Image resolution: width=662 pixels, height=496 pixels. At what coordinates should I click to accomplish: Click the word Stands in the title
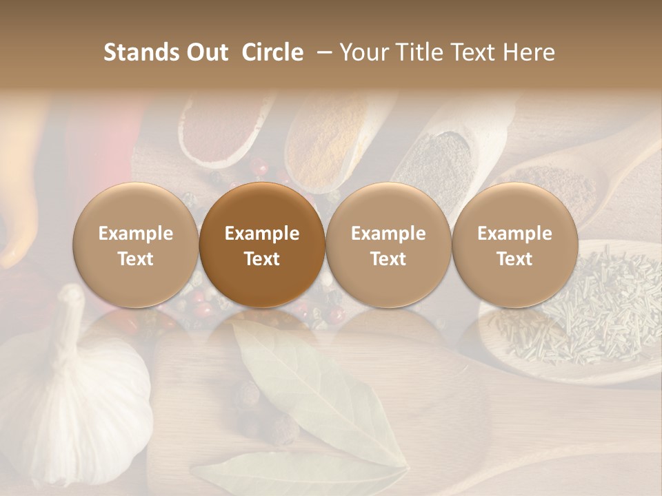click(x=141, y=52)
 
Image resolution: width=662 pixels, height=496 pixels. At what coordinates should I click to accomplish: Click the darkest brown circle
click(x=262, y=245)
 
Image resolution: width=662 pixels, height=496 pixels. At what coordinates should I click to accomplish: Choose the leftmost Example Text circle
click(x=136, y=245)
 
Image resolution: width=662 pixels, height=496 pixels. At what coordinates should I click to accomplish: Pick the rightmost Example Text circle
click(x=514, y=245)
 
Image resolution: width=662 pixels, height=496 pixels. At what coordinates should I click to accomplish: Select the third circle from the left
click(x=388, y=245)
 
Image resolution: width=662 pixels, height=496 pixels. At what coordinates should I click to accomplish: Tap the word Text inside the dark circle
click(x=262, y=259)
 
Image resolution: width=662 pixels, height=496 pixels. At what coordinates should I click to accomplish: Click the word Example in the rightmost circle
click(x=514, y=234)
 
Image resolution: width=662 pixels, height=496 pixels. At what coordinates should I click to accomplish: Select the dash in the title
click(x=325, y=52)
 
